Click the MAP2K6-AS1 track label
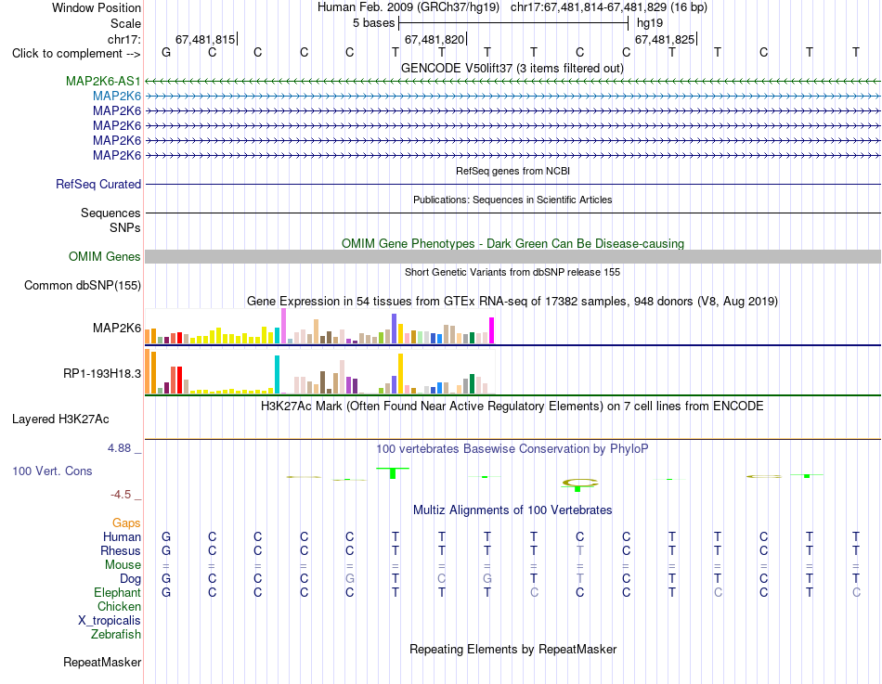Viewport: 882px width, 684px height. [x=103, y=81]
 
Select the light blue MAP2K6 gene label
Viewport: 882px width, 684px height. [x=117, y=97]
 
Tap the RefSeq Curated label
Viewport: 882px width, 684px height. [x=98, y=184]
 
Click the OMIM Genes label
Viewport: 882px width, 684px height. [x=105, y=256]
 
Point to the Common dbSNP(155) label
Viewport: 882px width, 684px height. [x=83, y=285]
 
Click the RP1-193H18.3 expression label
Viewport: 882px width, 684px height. [x=102, y=373]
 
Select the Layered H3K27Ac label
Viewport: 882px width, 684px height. [x=60, y=419]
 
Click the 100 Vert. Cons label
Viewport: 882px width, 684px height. [x=52, y=471]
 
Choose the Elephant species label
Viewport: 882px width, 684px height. [x=118, y=592]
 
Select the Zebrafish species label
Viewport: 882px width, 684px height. [x=116, y=634]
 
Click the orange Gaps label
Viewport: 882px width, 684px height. [x=126, y=523]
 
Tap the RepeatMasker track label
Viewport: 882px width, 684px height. [x=102, y=662]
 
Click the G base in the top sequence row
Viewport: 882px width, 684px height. [x=166, y=52]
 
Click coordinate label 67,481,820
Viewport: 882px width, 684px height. [x=435, y=39]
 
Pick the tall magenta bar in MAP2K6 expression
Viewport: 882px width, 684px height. [x=492, y=330]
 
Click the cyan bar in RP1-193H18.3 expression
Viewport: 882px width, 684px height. [x=277, y=374]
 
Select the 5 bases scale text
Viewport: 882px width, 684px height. [x=374, y=23]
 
